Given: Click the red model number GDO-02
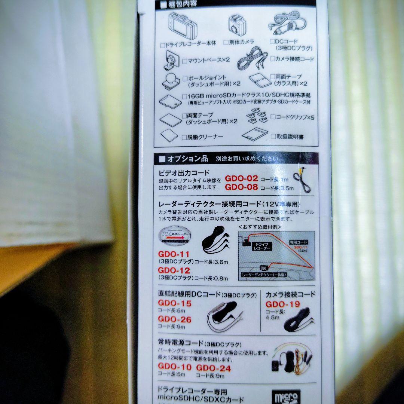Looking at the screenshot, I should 241,178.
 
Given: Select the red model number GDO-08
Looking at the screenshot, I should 241,187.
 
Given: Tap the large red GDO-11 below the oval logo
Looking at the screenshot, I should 173,254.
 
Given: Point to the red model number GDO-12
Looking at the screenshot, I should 174,270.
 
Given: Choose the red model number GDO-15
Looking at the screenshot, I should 174,303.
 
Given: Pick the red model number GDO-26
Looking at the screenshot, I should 174,319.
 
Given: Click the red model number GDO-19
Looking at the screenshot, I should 283,304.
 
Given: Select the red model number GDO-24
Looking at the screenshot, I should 214,367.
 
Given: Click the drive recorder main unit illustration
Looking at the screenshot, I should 184,26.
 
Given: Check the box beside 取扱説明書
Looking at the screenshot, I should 273,137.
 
